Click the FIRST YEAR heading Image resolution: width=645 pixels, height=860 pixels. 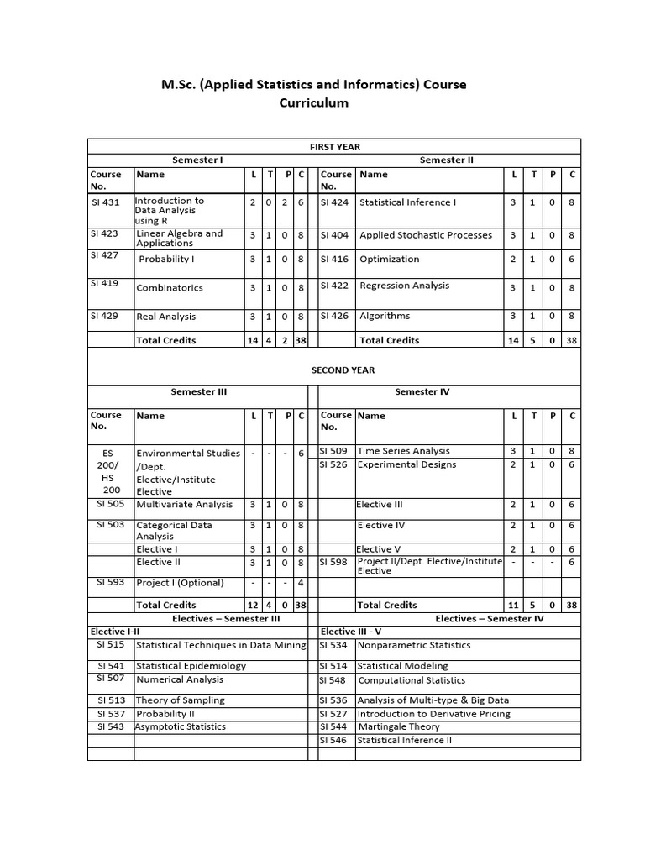pos(334,147)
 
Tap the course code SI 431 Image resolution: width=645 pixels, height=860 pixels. pos(105,202)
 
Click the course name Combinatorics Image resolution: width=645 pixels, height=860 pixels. pos(169,287)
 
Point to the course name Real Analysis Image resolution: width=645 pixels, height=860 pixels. pos(165,317)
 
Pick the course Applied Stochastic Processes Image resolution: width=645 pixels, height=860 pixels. pos(426,235)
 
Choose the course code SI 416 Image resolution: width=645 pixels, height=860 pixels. pos(334,260)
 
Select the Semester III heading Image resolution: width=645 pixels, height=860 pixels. pos(199,391)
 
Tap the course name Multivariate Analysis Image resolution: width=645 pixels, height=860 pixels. pos(184,505)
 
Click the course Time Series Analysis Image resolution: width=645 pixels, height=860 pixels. pos(403,451)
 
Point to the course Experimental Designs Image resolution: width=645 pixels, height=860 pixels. pos(406,464)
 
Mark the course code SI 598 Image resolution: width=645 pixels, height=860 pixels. pos(334,563)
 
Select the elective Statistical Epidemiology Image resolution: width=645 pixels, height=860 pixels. pos(191,666)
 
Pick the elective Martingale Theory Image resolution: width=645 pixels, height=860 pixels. pos(399,727)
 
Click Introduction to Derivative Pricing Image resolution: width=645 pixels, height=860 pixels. pos(433,714)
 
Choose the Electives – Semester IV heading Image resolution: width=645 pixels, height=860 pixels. pos(489,619)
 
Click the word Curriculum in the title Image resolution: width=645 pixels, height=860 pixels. pos(313,103)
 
